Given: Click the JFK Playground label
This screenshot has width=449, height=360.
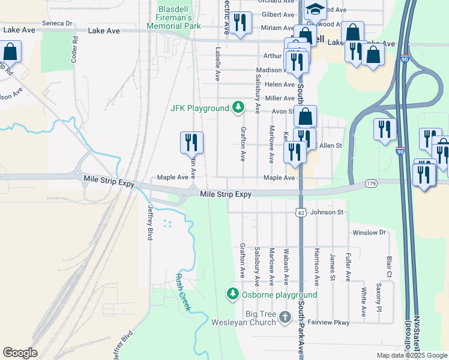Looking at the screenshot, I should pyautogui.click(x=200, y=108).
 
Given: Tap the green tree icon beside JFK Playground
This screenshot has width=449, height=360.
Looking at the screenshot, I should pyautogui.click(x=238, y=107).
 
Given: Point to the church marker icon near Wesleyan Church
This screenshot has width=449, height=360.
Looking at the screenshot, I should pyautogui.click(x=285, y=316).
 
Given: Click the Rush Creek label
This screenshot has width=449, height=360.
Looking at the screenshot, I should pyautogui.click(x=182, y=292).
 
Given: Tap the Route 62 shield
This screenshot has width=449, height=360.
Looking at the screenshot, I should pyautogui.click(x=301, y=212).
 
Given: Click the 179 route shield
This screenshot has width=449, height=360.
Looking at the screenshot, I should pyautogui.click(x=369, y=183).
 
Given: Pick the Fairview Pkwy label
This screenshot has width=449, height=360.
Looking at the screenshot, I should pyautogui.click(x=328, y=322).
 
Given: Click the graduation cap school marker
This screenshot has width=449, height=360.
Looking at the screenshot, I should pyautogui.click(x=314, y=9).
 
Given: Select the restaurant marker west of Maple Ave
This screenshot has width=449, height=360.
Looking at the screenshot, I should pyautogui.click(x=191, y=143).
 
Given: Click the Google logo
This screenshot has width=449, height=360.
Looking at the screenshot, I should pyautogui.click(x=20, y=353).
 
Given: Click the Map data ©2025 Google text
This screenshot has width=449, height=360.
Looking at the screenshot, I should pyautogui.click(x=411, y=355).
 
